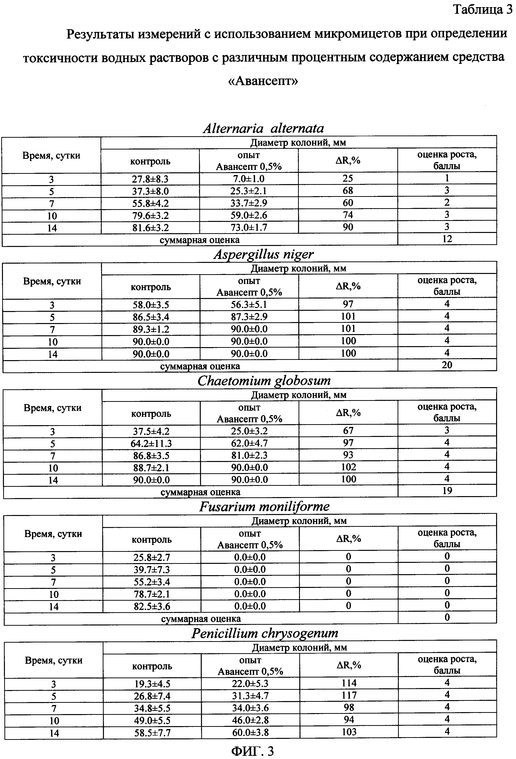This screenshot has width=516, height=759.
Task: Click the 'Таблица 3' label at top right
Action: [482, 10]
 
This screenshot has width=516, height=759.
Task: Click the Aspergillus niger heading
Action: [264, 254]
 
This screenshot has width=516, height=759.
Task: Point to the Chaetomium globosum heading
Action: [264, 380]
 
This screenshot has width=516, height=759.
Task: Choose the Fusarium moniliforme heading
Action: [264, 507]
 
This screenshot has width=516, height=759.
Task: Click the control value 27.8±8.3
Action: [150, 179]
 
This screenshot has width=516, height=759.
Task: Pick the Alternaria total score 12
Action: [447, 239]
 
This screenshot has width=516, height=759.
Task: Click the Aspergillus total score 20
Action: [447, 365]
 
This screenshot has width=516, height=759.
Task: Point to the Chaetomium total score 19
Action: [447, 491]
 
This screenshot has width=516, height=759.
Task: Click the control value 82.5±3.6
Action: [152, 607]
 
